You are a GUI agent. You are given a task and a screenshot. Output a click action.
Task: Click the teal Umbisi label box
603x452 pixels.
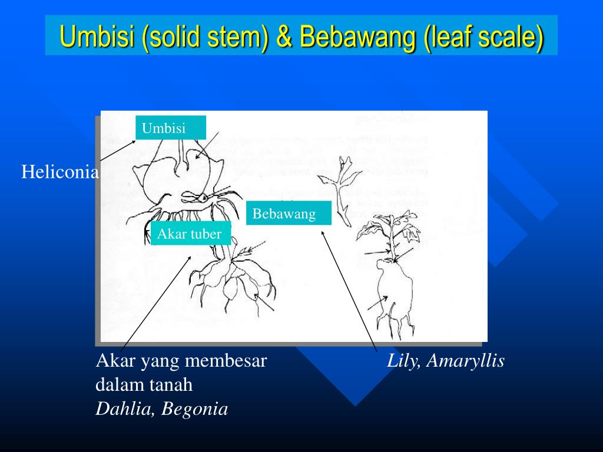point(170,128)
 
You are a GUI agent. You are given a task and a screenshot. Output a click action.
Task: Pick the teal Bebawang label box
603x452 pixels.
point(289,213)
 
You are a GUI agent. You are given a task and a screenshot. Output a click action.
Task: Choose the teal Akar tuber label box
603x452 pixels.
point(190,234)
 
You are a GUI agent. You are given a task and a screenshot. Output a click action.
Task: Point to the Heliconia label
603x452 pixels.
point(60,172)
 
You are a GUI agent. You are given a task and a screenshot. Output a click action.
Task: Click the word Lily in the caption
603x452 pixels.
point(403,361)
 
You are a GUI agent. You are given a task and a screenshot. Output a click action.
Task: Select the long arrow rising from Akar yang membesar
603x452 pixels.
point(156,303)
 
